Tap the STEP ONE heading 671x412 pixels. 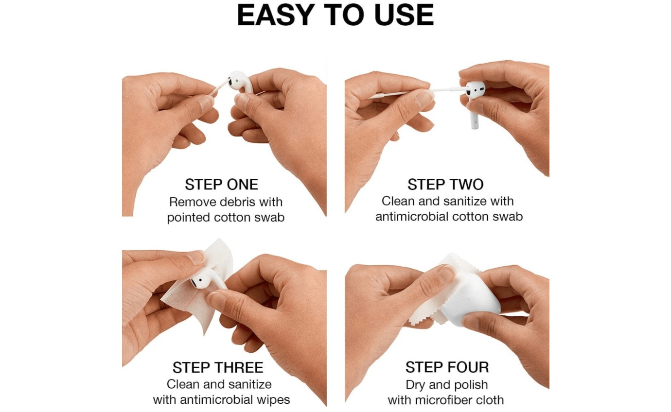[221, 185]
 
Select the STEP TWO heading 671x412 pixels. [445, 185]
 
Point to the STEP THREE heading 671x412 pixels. [218, 367]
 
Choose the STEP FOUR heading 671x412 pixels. [447, 367]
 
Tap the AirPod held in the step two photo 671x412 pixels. [475, 92]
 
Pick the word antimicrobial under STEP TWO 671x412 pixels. [412, 216]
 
